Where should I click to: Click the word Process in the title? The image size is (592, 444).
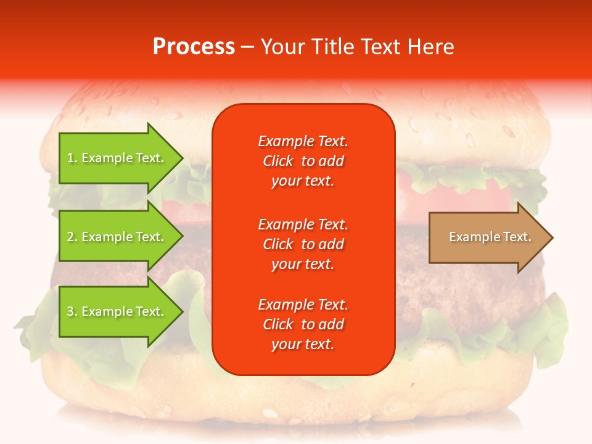tap(194, 46)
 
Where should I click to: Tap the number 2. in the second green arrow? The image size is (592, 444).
tap(72, 237)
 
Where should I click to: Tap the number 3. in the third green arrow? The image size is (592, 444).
tap(72, 311)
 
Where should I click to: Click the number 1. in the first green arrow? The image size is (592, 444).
tap(72, 158)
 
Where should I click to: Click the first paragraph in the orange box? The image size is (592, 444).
tap(303, 161)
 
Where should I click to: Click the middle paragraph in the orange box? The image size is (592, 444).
tap(303, 244)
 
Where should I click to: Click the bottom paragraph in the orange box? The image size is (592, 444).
tap(303, 324)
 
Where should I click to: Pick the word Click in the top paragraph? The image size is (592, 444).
tap(277, 161)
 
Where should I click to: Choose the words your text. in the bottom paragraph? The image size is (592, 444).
tap(303, 344)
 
